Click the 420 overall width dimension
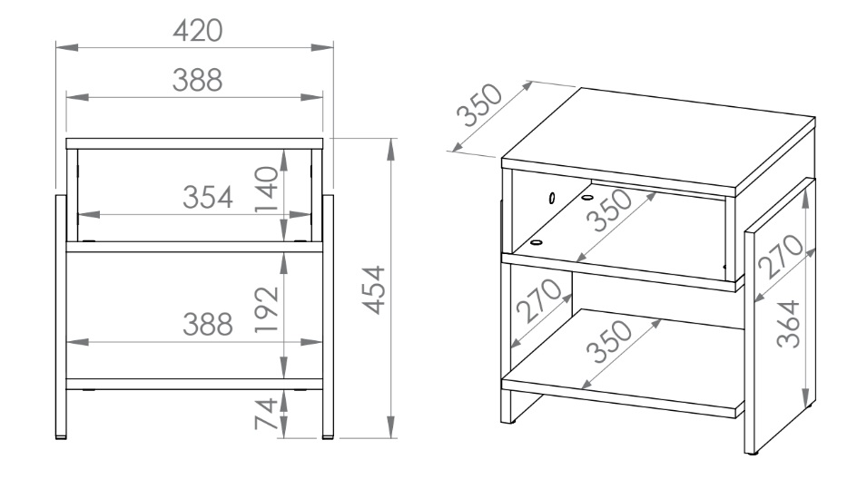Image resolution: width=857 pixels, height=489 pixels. [197, 31]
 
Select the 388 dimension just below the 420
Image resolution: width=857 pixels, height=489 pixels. [197, 81]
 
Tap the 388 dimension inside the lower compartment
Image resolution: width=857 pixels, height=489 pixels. [208, 324]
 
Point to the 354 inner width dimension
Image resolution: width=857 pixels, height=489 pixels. [208, 197]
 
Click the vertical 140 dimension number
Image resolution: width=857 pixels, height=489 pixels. [267, 189]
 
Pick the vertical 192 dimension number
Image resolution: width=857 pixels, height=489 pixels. [267, 309]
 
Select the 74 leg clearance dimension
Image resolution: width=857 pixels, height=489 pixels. [267, 414]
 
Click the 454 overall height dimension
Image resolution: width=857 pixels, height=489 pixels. [375, 290]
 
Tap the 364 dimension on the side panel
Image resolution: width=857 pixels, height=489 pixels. [789, 324]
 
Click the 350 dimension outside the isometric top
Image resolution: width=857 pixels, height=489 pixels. [478, 105]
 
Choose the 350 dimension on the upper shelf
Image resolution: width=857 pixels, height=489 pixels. [609, 210]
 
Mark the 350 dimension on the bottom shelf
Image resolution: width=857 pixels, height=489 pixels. [608, 341]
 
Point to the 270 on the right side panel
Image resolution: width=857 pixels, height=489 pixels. [781, 257]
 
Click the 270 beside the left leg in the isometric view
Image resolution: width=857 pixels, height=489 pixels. [538, 301]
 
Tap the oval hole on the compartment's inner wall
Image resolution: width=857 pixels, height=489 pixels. [552, 198]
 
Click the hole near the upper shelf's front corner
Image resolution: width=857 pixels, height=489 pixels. [537, 242]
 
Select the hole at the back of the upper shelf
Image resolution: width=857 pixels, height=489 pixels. [587, 197]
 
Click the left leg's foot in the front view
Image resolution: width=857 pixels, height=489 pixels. [61, 437]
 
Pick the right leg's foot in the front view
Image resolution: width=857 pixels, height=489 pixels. [328, 437]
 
